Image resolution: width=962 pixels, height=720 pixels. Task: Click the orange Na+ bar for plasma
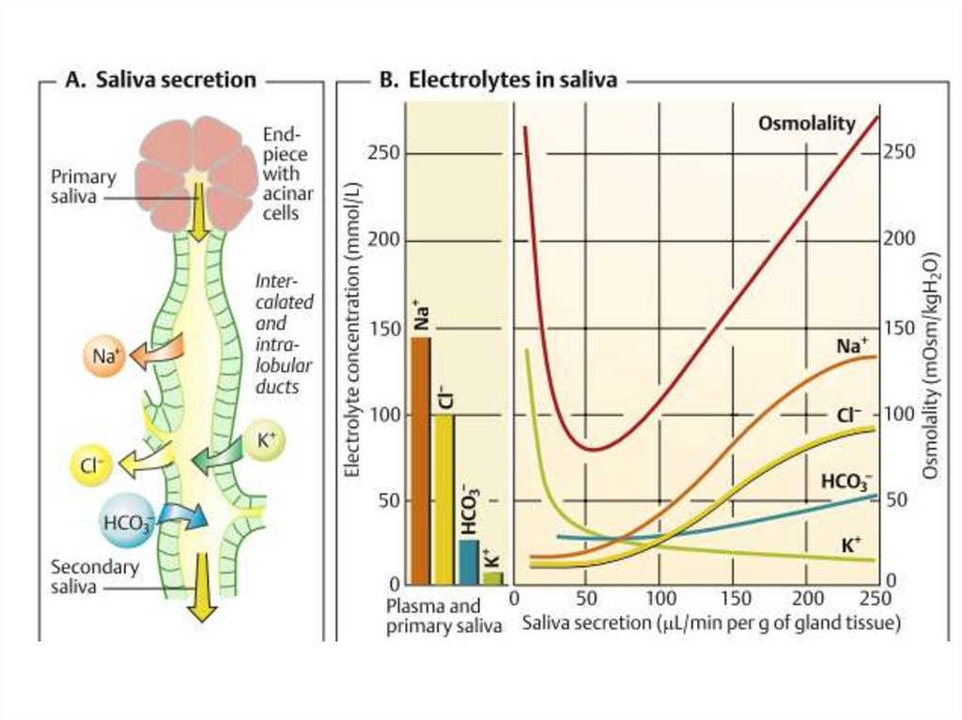point(421,460)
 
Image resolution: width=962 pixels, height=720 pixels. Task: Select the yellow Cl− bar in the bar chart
point(443,498)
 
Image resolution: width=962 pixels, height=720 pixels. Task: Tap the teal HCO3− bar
point(468,561)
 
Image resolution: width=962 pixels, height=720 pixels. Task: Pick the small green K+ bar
point(492,576)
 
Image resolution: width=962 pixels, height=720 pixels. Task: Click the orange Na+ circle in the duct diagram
point(103,357)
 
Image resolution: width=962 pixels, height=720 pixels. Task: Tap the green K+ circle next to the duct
point(265,442)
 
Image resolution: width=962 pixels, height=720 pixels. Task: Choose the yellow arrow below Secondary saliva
point(199,588)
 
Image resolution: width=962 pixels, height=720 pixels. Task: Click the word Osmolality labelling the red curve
point(807,124)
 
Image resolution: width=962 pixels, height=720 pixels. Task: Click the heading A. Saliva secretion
point(160,80)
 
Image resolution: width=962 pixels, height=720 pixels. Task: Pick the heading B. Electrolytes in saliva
point(497,80)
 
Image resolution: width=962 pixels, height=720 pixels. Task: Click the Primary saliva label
point(84,187)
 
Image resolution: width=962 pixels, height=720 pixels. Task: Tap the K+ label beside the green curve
point(851,544)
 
